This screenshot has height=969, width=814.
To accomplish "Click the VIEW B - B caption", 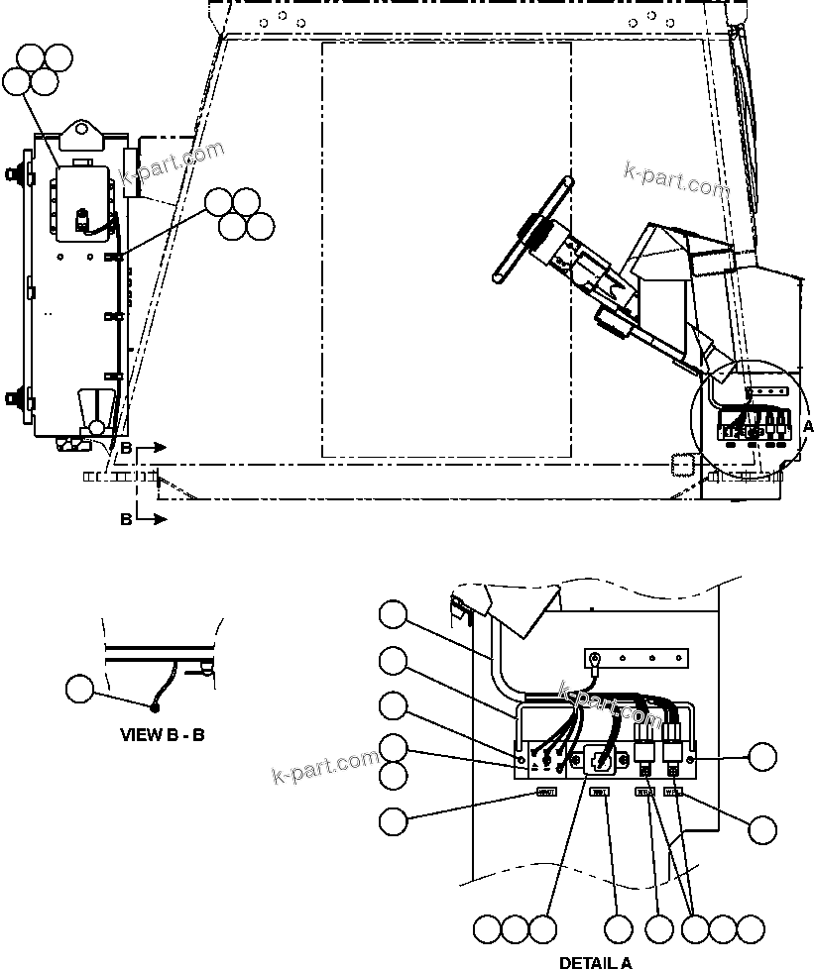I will click(x=163, y=735).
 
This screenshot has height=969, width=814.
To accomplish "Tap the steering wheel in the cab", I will click(x=532, y=230).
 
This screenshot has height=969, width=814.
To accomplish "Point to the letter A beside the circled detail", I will click(x=806, y=425).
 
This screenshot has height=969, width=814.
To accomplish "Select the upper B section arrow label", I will click(x=126, y=449).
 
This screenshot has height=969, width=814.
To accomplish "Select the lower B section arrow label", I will click(x=126, y=519).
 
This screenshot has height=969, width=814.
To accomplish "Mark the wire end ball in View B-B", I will click(x=154, y=707).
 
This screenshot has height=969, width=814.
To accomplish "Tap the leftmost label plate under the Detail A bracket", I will click(x=546, y=792).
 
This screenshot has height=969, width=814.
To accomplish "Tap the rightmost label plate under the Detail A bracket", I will click(x=673, y=792).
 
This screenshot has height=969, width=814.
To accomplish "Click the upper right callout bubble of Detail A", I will click(x=762, y=757).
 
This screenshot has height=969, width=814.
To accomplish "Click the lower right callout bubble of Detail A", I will click(x=762, y=830).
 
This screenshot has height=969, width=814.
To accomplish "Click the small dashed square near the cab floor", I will click(x=680, y=465).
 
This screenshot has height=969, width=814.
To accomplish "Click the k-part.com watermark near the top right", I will click(x=676, y=180).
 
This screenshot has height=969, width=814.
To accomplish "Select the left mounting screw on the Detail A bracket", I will click(x=523, y=759).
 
